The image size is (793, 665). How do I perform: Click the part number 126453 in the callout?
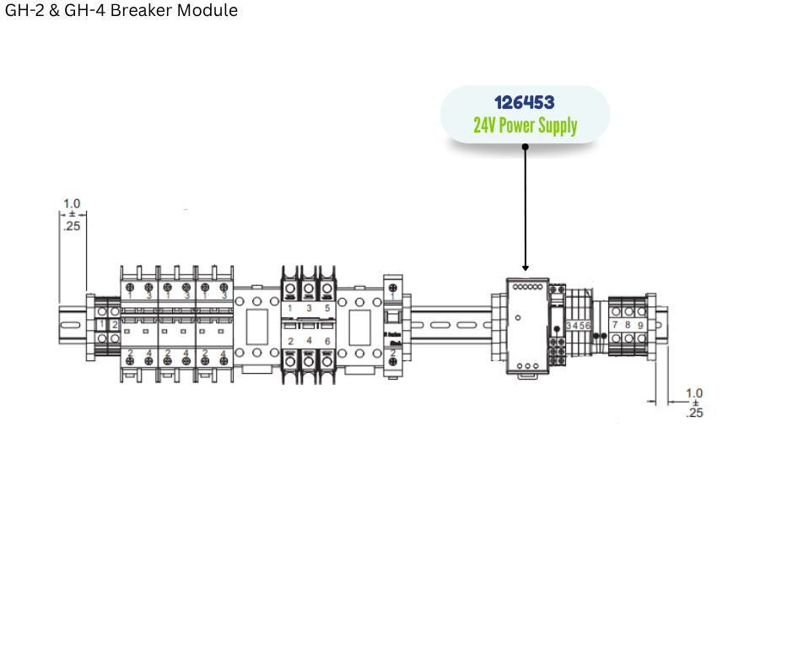pyautogui.click(x=524, y=103)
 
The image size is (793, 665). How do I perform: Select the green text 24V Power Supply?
pyautogui.click(x=525, y=126)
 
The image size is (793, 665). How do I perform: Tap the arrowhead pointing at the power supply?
pyautogui.click(x=525, y=268)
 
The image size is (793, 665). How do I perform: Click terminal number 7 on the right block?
pyautogui.click(x=615, y=325)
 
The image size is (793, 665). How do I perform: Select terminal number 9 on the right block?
pyautogui.click(x=640, y=325)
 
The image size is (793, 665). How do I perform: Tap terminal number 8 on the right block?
pyautogui.click(x=628, y=325)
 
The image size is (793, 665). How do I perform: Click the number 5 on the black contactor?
pyautogui.click(x=326, y=309)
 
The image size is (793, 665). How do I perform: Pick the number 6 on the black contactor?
pyautogui.click(x=326, y=341)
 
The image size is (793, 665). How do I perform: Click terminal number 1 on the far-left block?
pyautogui.click(x=101, y=325)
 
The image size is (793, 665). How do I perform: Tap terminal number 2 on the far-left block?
pyautogui.click(x=115, y=325)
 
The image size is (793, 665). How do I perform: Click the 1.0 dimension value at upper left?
pyautogui.click(x=72, y=203)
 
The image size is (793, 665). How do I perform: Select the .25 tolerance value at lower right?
pyautogui.click(x=694, y=413)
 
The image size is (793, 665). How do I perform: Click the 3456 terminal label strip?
pyautogui.click(x=578, y=325)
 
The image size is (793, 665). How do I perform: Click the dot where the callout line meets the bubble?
pyautogui.click(x=525, y=146)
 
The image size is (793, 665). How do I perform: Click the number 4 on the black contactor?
pyautogui.click(x=308, y=341)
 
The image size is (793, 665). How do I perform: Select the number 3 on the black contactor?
pyautogui.click(x=308, y=309)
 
